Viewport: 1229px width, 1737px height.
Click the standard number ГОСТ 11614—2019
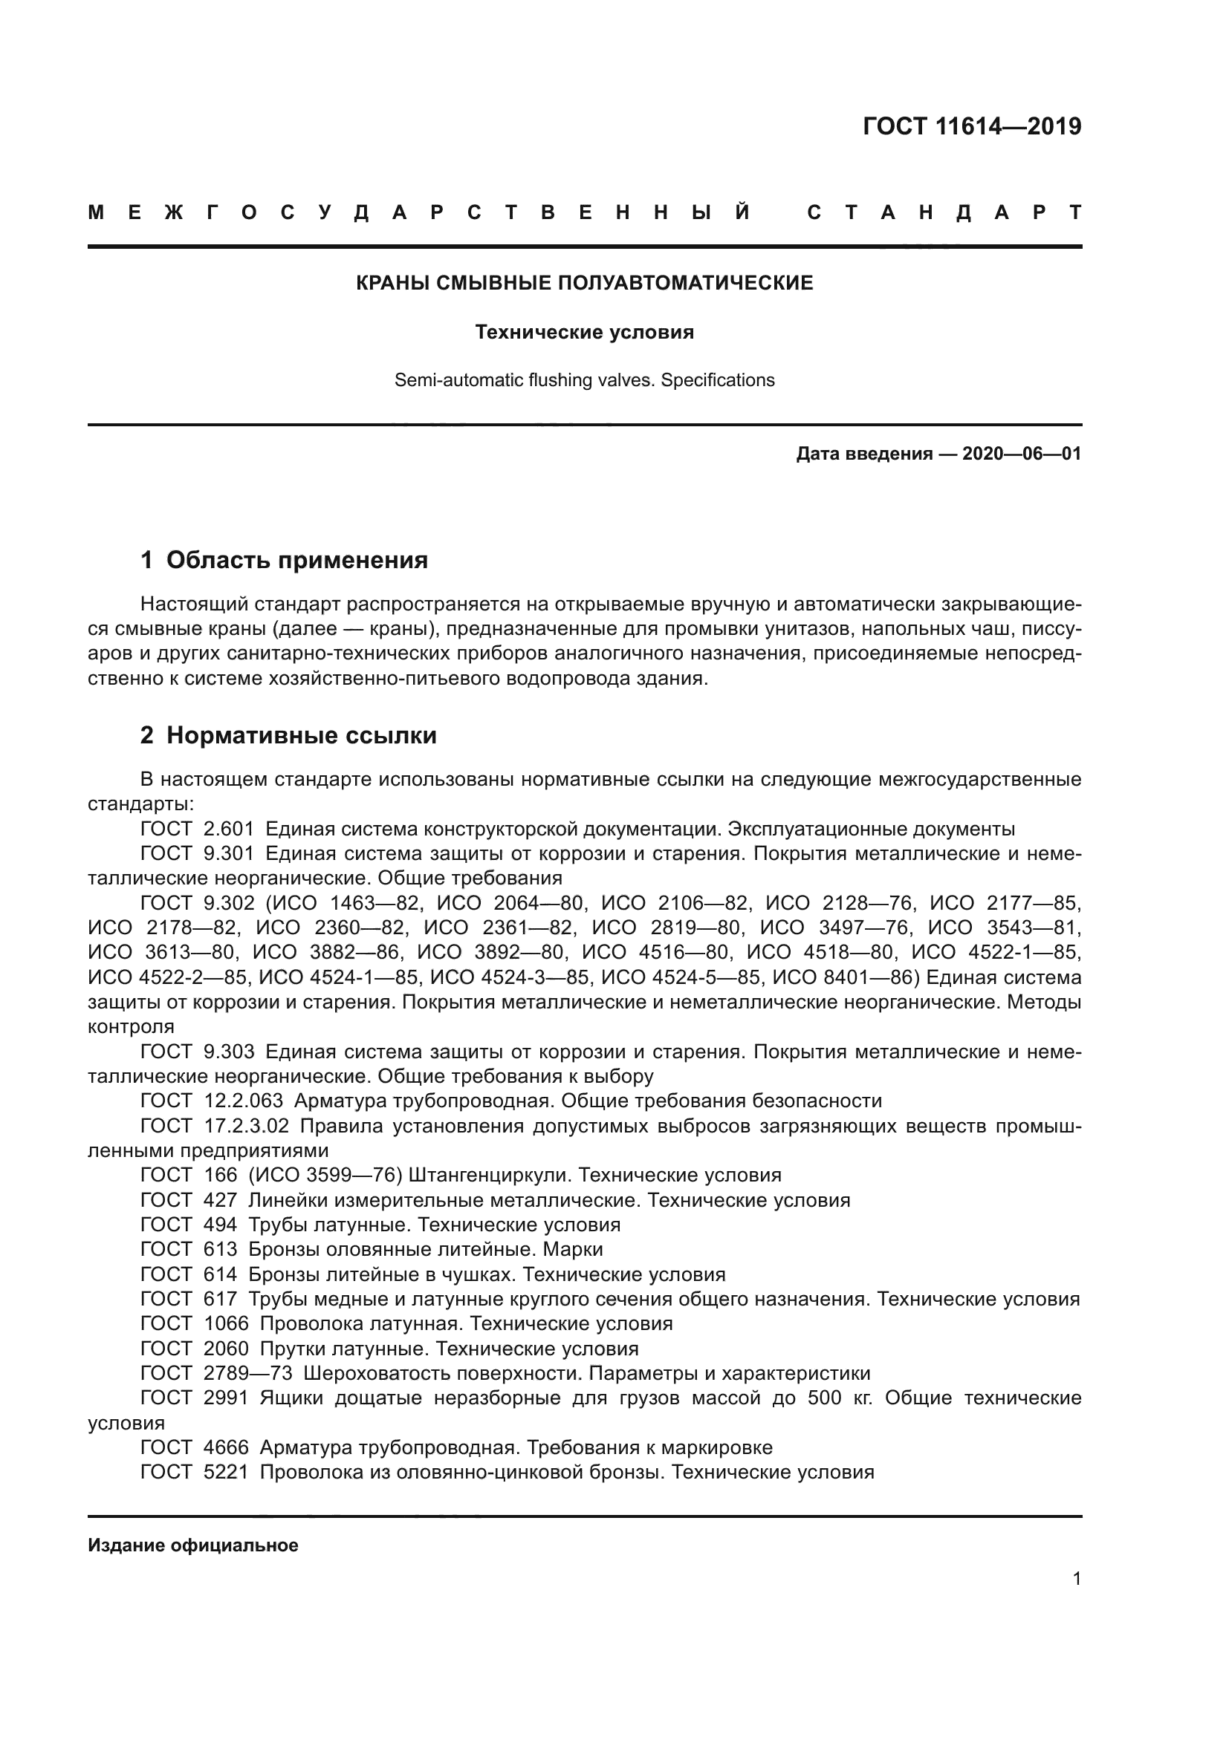[972, 126]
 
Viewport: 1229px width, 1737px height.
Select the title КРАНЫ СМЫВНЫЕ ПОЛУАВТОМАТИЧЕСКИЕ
[584, 283]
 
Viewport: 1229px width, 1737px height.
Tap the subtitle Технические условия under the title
[584, 332]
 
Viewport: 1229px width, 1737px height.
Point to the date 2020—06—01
[1022, 454]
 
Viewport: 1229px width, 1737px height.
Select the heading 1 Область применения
[284, 560]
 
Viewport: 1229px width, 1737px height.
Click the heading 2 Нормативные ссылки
[288, 735]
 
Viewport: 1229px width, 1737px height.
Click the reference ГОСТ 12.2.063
[212, 1101]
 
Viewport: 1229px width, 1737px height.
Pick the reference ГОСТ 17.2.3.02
[215, 1126]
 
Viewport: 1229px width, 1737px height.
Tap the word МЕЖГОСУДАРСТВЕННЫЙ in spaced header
[420, 212]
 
